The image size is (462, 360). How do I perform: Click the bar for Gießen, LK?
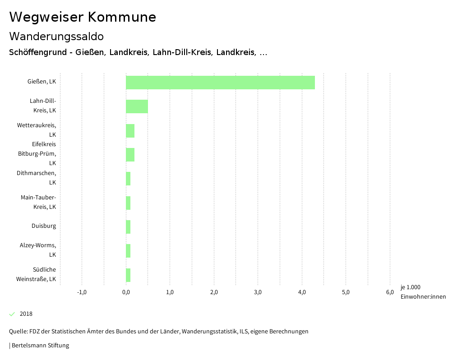220,83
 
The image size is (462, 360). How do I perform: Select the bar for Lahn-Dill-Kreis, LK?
137,106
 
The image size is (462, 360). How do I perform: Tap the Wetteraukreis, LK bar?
130,131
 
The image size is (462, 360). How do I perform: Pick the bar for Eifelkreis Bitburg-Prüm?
130,155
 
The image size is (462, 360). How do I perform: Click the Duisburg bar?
128,227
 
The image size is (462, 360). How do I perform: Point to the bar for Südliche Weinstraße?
128,275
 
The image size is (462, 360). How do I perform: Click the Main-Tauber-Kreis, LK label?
38,202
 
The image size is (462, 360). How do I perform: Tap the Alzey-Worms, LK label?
38,250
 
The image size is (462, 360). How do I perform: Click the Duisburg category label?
44,226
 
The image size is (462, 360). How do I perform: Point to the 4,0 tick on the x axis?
302,292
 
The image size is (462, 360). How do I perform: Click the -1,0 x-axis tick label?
82,292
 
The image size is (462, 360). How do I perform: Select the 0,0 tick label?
126,292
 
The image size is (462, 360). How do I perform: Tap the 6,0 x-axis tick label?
390,292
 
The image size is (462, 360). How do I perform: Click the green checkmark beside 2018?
12,314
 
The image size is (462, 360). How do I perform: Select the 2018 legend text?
26,314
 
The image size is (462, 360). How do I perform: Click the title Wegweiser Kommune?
83,17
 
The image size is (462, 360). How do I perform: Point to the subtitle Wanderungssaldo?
56,36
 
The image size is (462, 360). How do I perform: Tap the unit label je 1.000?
410,287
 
